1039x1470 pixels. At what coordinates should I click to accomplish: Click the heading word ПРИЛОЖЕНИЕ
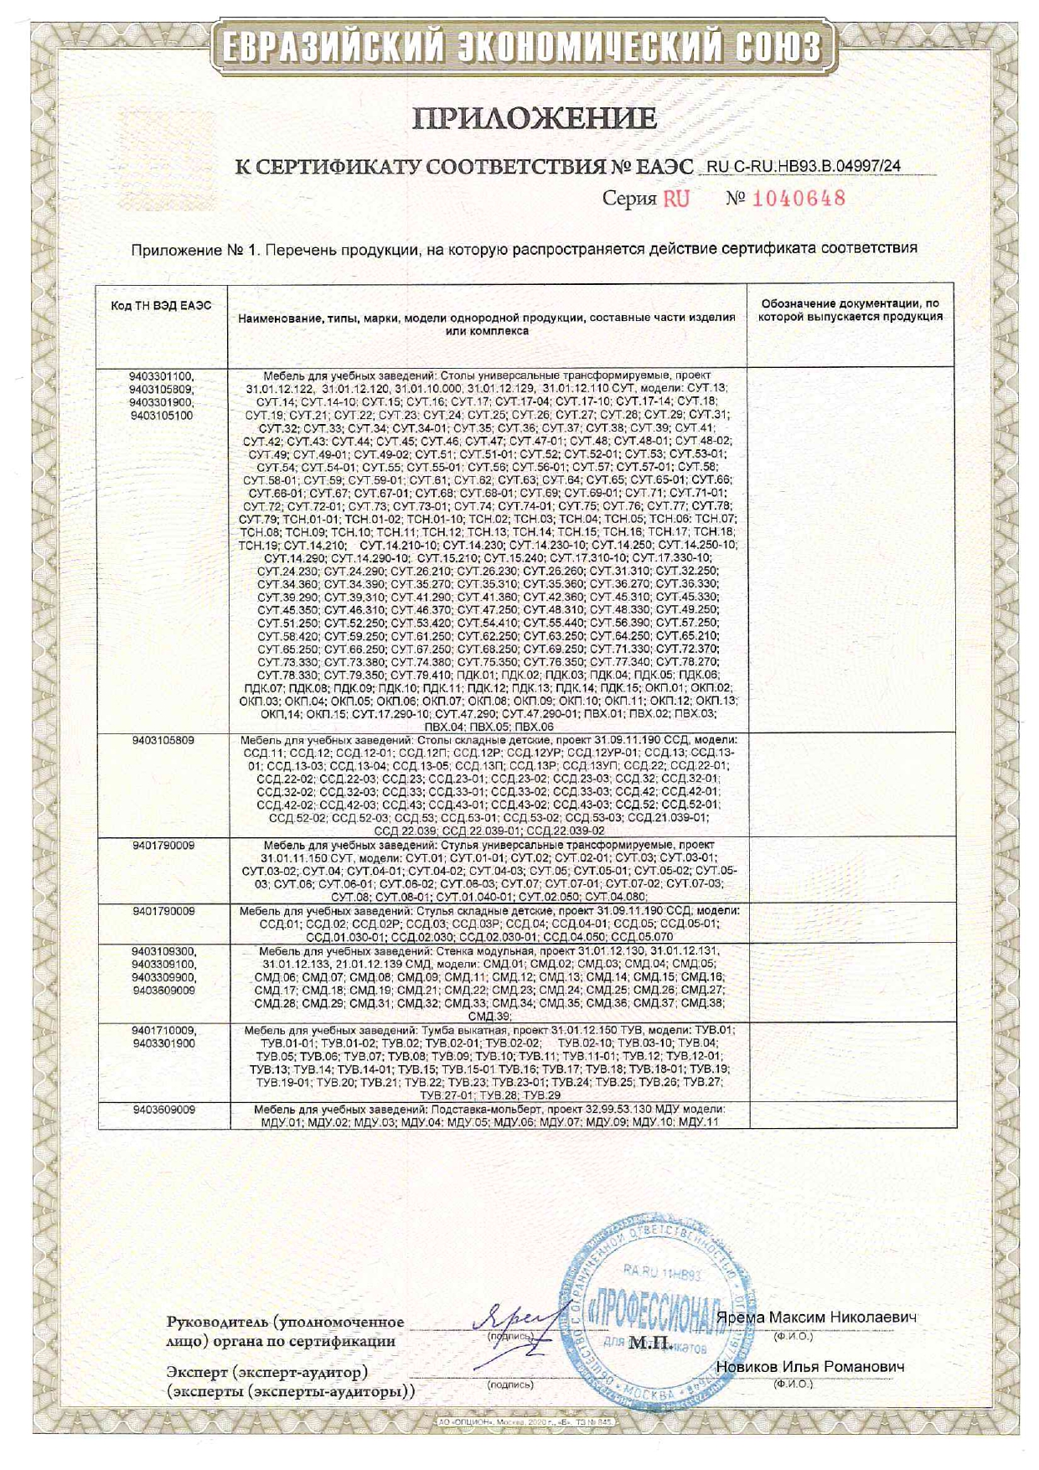[534, 118]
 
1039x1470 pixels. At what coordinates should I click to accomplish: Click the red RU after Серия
[676, 199]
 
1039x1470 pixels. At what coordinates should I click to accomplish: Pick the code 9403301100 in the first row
[163, 376]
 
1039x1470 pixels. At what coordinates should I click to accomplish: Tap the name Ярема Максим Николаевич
[823, 1317]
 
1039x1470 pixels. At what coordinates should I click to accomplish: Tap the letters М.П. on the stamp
[650, 1343]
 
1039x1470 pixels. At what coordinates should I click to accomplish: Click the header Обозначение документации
[849, 303]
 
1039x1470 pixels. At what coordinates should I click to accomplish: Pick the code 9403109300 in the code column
[163, 952]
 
